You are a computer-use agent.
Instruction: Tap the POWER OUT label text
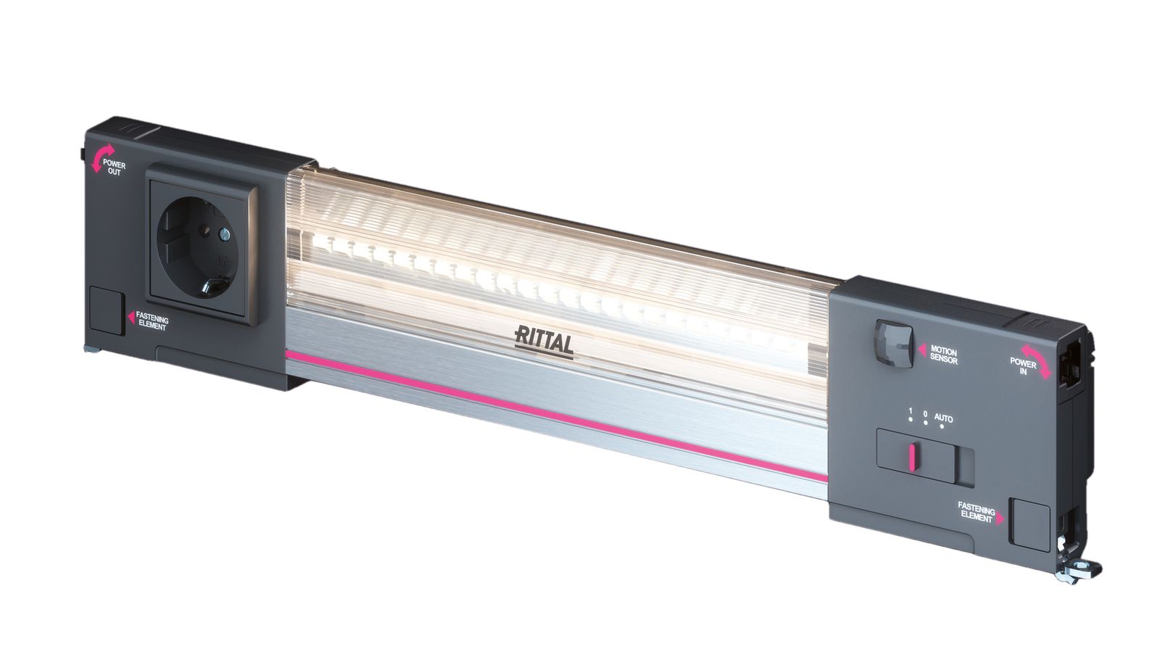114,168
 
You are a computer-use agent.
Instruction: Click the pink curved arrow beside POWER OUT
97,160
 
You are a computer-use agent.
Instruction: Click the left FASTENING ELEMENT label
152,323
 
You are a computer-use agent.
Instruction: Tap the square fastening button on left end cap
107,310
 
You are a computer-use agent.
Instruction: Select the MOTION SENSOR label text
943,356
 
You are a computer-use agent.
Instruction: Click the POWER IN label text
1023,367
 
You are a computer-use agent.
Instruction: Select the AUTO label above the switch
943,418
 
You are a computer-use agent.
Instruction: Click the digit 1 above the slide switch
911,412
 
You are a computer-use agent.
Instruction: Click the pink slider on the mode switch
911,457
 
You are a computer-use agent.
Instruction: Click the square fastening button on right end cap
1030,524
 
